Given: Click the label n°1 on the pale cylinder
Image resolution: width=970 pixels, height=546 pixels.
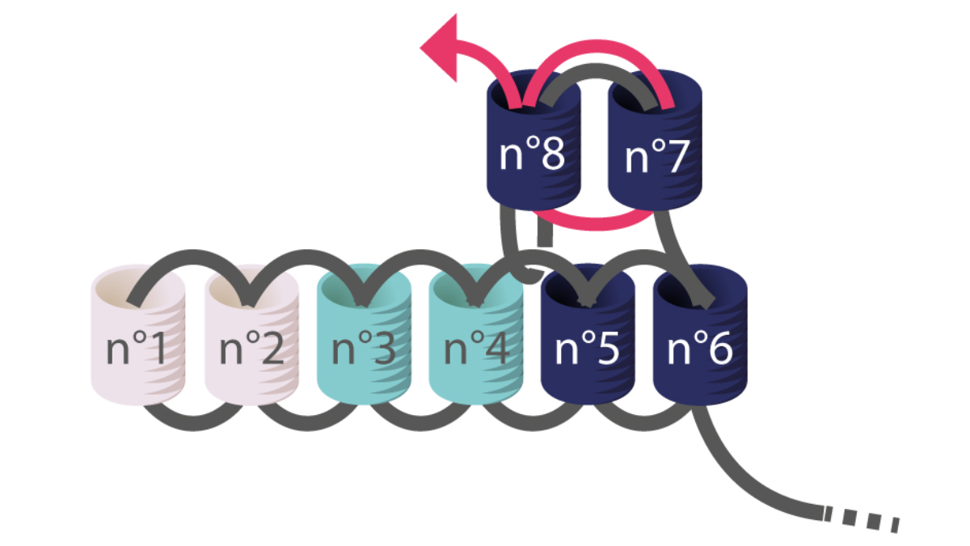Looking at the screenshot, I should [137, 349].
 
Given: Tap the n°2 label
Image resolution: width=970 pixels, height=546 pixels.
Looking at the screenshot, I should [251, 349].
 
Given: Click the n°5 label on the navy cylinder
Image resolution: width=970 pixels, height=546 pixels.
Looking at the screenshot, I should [587, 349].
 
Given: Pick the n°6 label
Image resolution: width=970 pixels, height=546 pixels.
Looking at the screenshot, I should [700, 349].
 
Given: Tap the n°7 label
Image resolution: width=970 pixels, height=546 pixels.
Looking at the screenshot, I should [656, 156].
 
